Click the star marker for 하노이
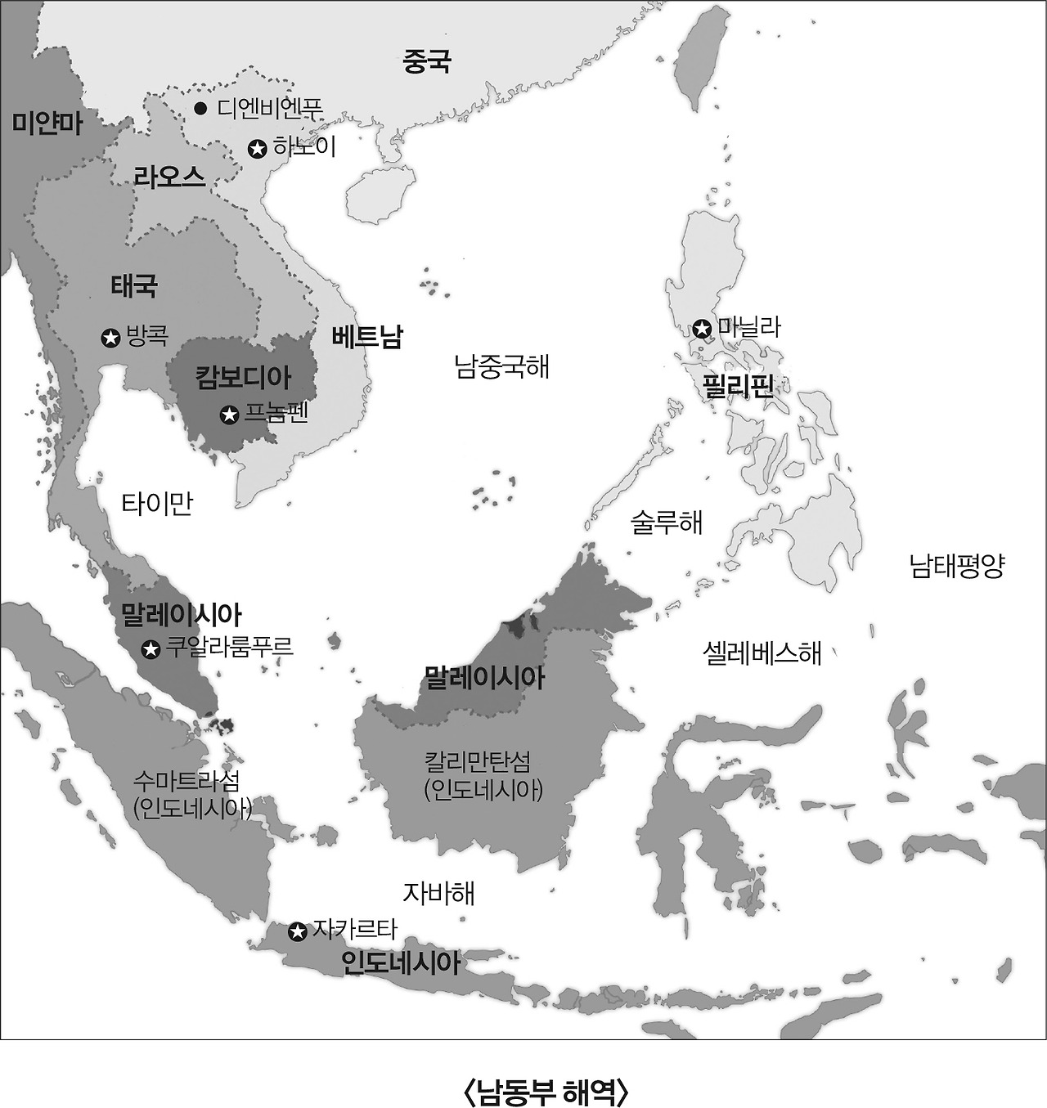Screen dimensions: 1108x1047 click(258, 149)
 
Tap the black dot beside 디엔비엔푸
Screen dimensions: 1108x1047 click(200, 108)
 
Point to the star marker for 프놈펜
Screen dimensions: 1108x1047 click(230, 415)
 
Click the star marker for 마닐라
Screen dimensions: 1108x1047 click(702, 329)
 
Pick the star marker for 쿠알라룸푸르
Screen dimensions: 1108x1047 click(151, 649)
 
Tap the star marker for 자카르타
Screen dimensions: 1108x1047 click(299, 931)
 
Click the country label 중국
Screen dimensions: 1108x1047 click(426, 61)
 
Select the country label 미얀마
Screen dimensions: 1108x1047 click(47, 123)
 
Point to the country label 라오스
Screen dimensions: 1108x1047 click(169, 177)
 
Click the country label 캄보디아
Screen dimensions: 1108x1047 click(243, 378)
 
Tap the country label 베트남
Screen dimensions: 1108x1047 click(367, 337)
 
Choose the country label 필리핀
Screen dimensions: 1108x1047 click(738, 385)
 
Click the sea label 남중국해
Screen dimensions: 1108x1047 click(501, 366)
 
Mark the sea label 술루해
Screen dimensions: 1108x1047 click(667, 522)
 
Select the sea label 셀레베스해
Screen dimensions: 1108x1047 click(762, 652)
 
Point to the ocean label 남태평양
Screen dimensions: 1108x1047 click(957, 565)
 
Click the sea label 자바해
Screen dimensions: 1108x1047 click(438, 893)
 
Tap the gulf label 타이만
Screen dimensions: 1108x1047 click(157, 503)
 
